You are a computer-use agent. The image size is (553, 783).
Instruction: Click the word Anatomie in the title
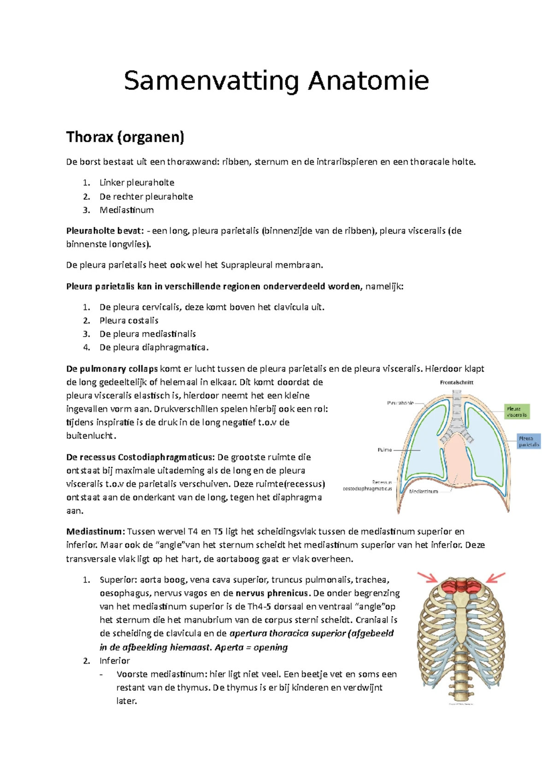point(368,81)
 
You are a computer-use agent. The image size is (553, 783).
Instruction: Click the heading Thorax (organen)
point(125,137)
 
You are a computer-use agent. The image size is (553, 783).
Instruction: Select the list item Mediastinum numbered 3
point(126,210)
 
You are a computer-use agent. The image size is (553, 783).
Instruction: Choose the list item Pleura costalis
point(129,320)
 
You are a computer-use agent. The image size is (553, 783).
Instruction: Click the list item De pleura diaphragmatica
point(154,347)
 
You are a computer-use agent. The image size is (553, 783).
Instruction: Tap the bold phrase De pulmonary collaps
point(112,368)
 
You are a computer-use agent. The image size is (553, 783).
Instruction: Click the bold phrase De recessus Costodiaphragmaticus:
point(141,457)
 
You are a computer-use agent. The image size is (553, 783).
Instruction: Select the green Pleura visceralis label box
point(517,412)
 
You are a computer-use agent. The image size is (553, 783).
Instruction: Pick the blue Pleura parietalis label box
point(528,441)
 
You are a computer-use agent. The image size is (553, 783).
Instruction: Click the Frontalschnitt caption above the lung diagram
point(456,382)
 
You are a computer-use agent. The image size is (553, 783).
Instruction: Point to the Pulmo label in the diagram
point(384,450)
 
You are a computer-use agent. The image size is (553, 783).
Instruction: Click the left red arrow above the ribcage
point(427,577)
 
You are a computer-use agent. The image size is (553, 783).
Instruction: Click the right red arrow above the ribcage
point(496,577)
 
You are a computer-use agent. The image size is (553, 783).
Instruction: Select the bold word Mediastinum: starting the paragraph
point(95,531)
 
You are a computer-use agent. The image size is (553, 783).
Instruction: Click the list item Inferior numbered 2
point(115,660)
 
